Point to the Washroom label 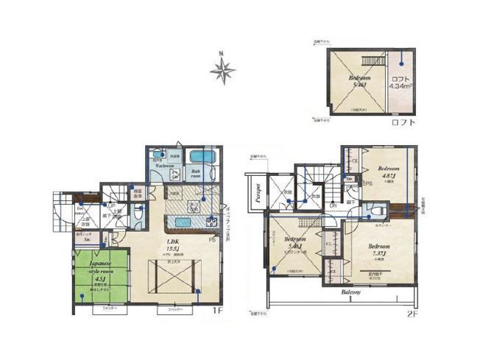tap(163, 166)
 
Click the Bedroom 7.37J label tap(378, 249)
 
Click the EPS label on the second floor tap(364, 183)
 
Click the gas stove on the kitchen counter tap(210, 221)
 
